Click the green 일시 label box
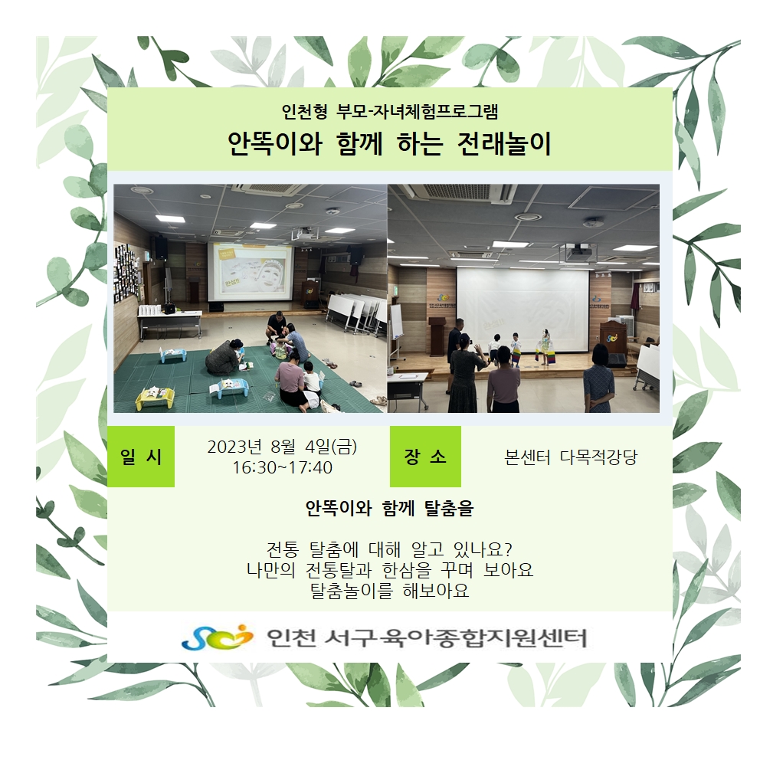coord(140,456)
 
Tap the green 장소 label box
coord(425,456)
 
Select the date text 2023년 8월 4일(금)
coord(282,447)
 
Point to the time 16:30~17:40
coord(282,467)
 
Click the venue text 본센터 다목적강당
coord(571,457)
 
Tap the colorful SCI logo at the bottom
coord(217,637)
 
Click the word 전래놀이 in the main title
coord(504,143)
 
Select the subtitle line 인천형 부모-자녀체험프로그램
coord(390,112)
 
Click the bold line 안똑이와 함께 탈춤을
coord(390,509)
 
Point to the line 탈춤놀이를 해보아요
coord(390,591)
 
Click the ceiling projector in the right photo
coord(578,251)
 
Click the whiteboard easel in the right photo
coord(397,329)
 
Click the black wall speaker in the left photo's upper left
coord(159,247)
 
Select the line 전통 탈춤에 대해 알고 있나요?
coord(390,549)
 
